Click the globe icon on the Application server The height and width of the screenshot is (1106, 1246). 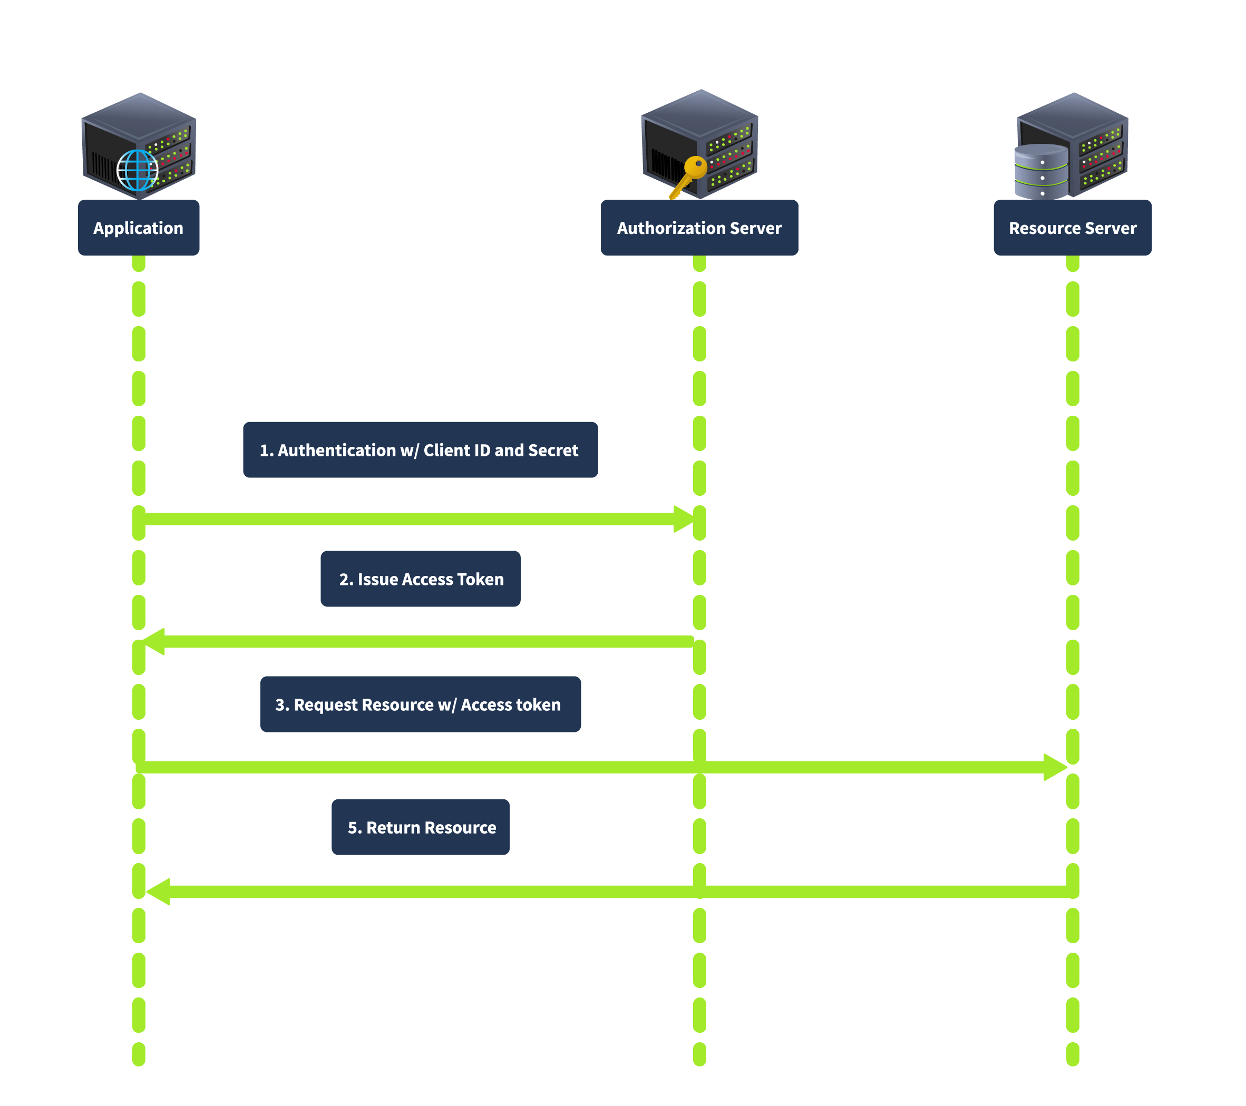tap(137, 170)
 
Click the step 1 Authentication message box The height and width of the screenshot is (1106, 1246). tap(420, 449)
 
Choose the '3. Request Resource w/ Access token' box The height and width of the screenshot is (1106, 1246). tap(420, 704)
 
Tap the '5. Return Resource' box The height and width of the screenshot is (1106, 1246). tap(420, 826)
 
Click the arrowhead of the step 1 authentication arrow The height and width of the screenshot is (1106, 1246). tap(684, 518)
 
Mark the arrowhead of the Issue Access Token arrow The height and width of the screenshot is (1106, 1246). tap(153, 642)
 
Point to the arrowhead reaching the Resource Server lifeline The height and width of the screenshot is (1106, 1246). tap(1055, 767)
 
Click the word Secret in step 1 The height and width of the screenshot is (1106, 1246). tap(553, 451)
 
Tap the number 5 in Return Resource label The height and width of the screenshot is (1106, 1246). tap(352, 827)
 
